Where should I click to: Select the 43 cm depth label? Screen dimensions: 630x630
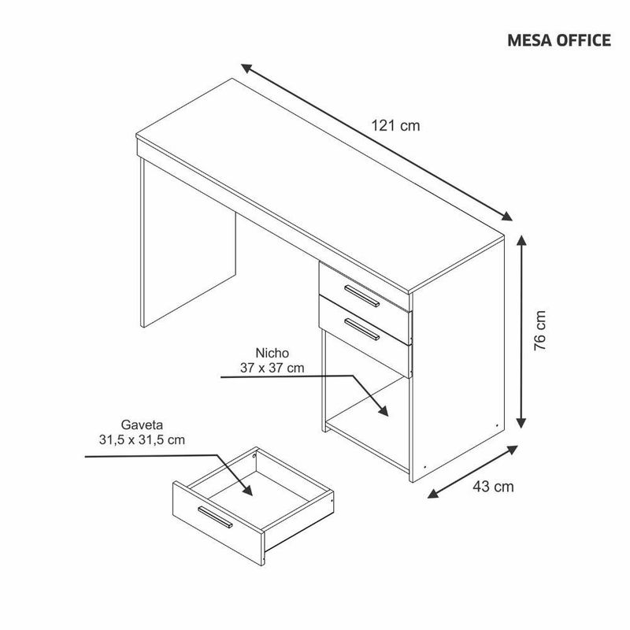(494, 487)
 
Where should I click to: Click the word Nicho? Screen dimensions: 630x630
(272, 353)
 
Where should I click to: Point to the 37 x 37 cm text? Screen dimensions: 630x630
(272, 368)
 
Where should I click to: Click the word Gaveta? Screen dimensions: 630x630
(142, 424)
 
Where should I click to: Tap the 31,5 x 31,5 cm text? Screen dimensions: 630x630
(142, 439)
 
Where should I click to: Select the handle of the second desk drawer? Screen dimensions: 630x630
(363, 328)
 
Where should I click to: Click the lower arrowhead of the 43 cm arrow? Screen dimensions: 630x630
(433, 494)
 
